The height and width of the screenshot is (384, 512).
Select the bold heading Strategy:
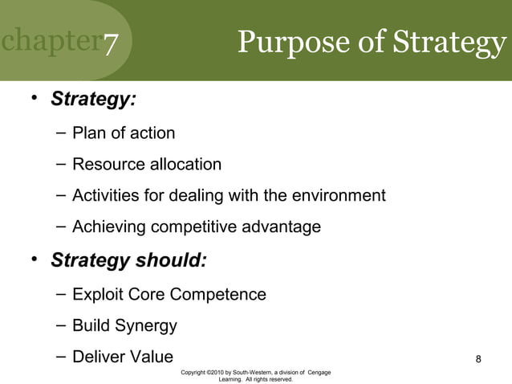click(x=93, y=100)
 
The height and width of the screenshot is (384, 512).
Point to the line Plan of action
click(x=123, y=133)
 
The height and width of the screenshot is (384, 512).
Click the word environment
click(x=335, y=195)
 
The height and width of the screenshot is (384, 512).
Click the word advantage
click(x=278, y=227)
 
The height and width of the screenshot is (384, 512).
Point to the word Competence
click(x=217, y=295)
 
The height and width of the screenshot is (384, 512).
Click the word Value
click(x=149, y=357)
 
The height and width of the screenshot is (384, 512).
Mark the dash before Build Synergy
click(x=62, y=326)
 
